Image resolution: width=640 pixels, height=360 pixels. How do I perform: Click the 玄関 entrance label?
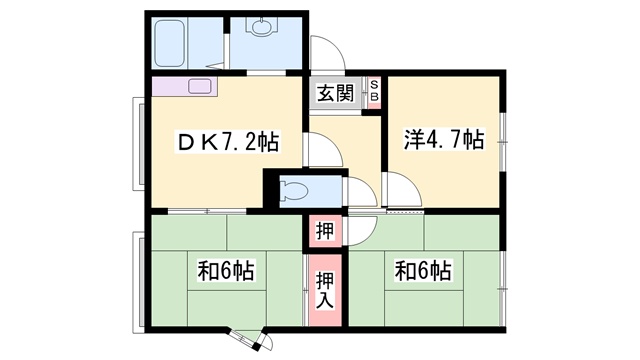pyautogui.click(x=336, y=94)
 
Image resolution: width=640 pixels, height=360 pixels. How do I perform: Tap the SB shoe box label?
pyautogui.click(x=374, y=91)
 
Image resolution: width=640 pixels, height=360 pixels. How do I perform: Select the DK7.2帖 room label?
pyautogui.click(x=228, y=142)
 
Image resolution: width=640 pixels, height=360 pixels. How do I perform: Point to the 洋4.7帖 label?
pyautogui.click(x=444, y=139)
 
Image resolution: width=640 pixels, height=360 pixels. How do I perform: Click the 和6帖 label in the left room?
pyautogui.click(x=227, y=270)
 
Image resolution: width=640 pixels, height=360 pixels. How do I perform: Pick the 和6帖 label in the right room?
pyautogui.click(x=423, y=270)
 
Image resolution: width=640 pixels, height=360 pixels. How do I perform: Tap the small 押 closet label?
pyautogui.click(x=325, y=231)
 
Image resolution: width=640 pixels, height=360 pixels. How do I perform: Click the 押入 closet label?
pyautogui.click(x=325, y=290)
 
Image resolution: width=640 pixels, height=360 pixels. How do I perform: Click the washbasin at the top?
pyautogui.click(x=261, y=26)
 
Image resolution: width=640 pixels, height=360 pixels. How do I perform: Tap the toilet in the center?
pyautogui.click(x=294, y=190)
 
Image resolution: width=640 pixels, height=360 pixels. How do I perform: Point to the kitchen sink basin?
pyautogui.click(x=200, y=86)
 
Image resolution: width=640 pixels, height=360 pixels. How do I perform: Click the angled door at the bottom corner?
pyautogui.click(x=253, y=340)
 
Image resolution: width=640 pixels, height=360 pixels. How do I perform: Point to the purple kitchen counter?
pyautogui.click(x=184, y=87)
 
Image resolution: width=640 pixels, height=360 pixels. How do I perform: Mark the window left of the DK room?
pyautogui.click(x=138, y=144)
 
